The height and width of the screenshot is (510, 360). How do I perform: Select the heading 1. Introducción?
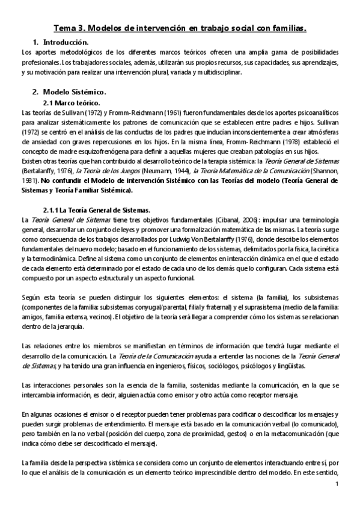60,42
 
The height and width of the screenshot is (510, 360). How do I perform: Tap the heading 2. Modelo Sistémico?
69,92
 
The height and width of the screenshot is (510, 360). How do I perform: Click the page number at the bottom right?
337,484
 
